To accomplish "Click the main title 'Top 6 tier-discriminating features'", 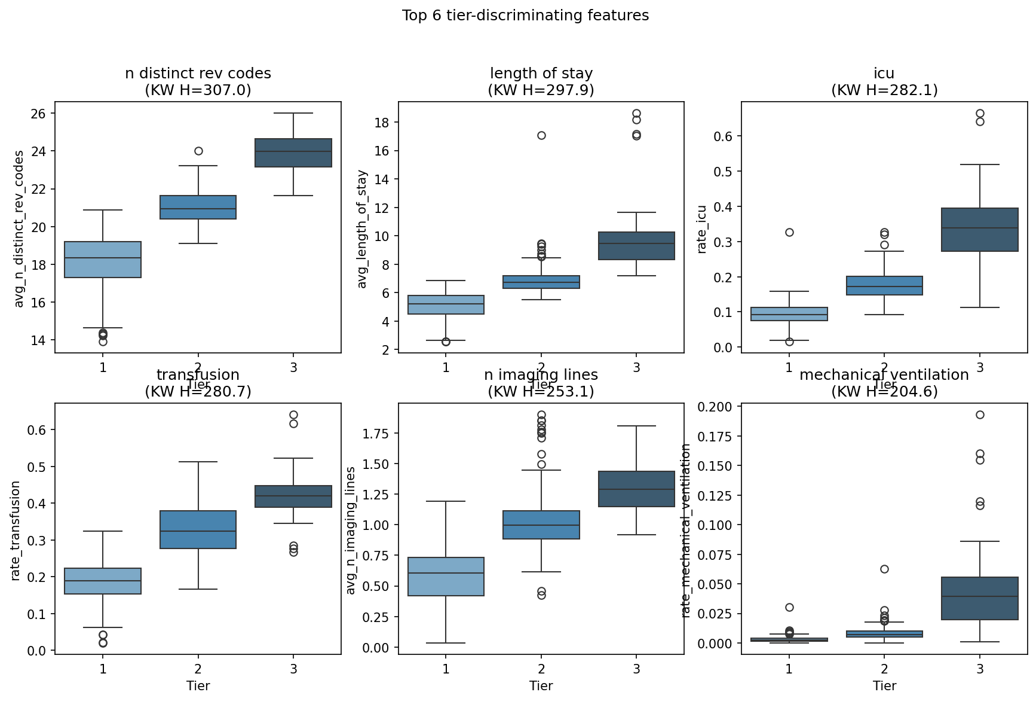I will (525, 16).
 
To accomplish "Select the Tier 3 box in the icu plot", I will (979, 230).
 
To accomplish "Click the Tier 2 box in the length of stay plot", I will (541, 282).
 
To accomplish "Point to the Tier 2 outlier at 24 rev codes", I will (198, 151).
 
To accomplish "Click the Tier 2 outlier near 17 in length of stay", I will (541, 135).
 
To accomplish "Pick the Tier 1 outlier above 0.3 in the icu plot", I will (789, 232).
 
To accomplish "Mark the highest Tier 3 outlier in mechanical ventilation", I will (980, 414).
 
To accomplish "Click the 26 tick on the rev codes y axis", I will (39, 114).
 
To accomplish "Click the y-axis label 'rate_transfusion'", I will (16, 530).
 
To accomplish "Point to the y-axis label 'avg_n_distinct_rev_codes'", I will (19, 228).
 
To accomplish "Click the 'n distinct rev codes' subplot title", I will (198, 74).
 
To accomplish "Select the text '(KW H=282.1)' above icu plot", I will (884, 90).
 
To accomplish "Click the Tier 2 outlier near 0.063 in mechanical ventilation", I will (884, 569).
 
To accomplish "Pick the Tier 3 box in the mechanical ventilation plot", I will (979, 598).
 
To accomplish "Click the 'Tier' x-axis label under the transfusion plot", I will (198, 686).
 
